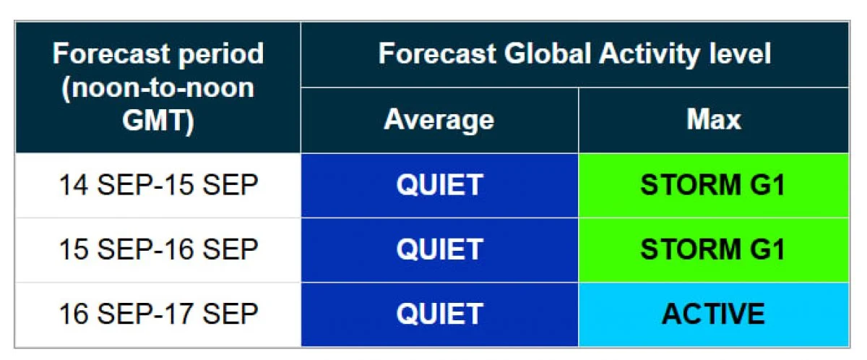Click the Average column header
coord(439,121)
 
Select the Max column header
coord(714,119)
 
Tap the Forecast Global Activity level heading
coord(575,53)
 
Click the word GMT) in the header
coord(158,121)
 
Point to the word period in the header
coord(221,55)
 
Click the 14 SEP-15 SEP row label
coord(159,184)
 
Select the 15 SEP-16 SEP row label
coord(159,249)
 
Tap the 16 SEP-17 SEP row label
coord(159,314)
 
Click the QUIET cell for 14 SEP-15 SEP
coord(440,185)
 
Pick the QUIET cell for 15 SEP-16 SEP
coord(440,249)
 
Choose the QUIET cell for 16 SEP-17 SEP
coord(440,314)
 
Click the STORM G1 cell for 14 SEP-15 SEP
coord(714,185)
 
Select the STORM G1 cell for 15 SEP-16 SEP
coord(714,249)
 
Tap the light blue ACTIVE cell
coord(714,314)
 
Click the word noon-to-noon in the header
coord(158,89)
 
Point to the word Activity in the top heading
coord(650,53)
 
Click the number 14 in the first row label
coord(74,184)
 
